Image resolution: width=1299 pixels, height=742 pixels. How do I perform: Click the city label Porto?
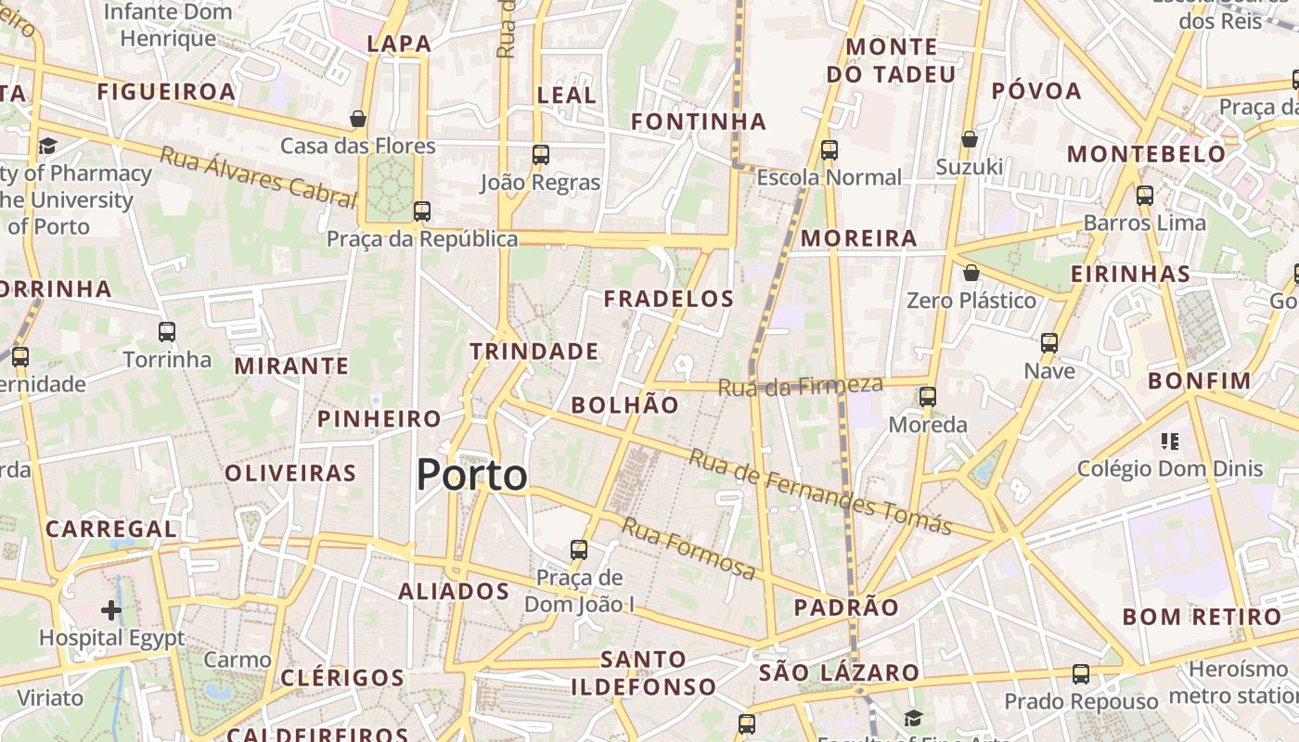[471, 475]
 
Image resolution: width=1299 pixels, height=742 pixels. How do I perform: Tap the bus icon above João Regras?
[540, 155]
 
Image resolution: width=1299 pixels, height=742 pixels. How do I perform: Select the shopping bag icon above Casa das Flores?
[358, 119]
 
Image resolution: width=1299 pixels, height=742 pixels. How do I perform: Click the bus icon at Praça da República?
[422, 211]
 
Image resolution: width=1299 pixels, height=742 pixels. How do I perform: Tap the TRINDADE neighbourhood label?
[534, 352]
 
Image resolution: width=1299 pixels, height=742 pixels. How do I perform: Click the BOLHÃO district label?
[624, 405]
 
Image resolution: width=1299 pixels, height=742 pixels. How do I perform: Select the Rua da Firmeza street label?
[801, 385]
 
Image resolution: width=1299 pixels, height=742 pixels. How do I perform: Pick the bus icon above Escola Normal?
[829, 149]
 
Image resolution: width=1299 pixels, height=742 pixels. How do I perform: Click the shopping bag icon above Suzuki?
[970, 139]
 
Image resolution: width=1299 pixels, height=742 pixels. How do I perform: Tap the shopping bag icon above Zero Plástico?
[971, 273]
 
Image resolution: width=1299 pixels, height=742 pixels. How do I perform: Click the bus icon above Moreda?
[927, 397]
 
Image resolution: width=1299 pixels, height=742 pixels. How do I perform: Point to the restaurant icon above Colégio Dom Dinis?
[1170, 441]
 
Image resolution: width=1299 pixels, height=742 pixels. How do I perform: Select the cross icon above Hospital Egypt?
[111, 610]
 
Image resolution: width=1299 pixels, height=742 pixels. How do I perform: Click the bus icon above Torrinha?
[167, 331]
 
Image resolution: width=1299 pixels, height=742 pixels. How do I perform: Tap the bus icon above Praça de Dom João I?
[579, 549]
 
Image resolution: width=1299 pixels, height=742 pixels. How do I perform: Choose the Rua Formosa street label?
[688, 549]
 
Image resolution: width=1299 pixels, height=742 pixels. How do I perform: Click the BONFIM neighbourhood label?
[1199, 381]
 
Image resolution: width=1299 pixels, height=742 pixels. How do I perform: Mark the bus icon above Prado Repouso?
[1081, 674]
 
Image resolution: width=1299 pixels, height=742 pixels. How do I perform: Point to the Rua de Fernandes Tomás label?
[820, 492]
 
